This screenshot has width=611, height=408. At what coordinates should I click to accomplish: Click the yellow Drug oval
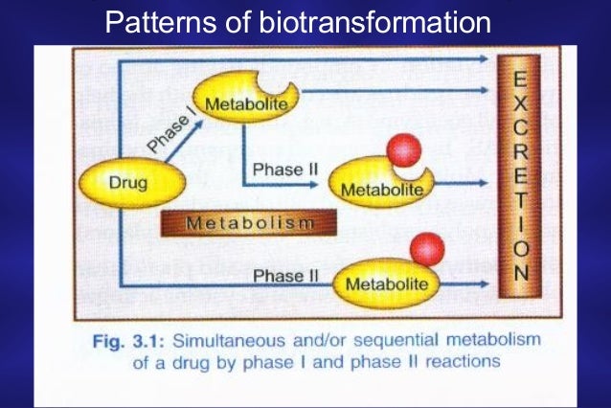click(125, 183)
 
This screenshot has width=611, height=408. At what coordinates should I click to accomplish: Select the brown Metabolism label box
click(248, 224)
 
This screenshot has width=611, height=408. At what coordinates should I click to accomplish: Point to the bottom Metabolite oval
click(383, 283)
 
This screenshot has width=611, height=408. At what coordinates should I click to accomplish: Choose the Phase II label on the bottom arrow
click(285, 276)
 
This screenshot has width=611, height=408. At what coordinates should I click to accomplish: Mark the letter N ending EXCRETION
click(518, 273)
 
